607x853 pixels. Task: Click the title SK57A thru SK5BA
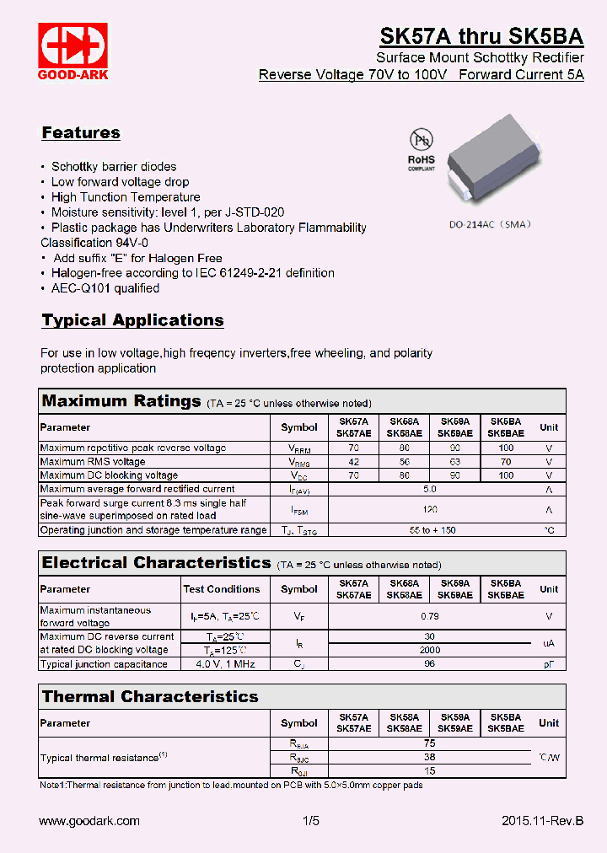(x=481, y=36)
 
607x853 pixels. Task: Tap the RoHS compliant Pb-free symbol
(x=421, y=150)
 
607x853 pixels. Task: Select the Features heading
(x=81, y=133)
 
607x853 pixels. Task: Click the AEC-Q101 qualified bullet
(x=105, y=288)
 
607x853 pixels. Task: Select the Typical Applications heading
(x=132, y=320)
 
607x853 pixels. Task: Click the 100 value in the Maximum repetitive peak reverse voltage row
(x=506, y=448)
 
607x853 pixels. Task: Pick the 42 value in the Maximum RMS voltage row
(x=353, y=462)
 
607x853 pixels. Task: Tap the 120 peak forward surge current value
(x=430, y=509)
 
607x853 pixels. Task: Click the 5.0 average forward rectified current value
(x=430, y=489)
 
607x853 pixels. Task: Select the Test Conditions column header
(x=222, y=589)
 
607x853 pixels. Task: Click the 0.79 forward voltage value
(x=430, y=617)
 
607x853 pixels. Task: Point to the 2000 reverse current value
(x=430, y=650)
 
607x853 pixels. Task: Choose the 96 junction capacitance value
(x=430, y=664)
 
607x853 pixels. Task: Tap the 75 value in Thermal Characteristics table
(x=430, y=743)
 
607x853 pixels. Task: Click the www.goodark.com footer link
(x=90, y=821)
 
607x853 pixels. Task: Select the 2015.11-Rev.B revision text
(x=542, y=821)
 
